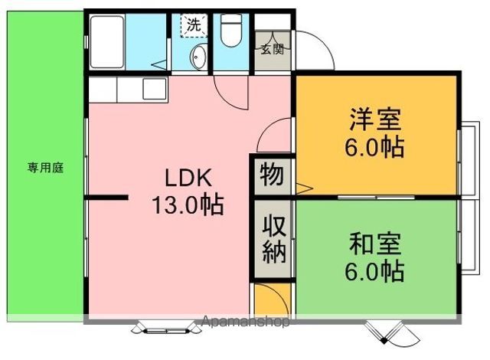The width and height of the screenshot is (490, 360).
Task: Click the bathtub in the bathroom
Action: coord(107,41)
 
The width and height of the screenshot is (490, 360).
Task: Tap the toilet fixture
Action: coord(231,31)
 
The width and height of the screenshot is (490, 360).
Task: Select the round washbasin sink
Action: coord(198,57)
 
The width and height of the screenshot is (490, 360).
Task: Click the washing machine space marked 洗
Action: coord(194,25)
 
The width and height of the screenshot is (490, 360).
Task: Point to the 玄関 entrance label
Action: coord(273,49)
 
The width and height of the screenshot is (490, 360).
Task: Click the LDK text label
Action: coord(188,178)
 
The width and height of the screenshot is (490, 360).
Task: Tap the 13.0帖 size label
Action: coord(188,205)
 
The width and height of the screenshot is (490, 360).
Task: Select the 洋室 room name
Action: coord(375,119)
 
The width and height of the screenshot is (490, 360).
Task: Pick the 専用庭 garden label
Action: coord(46,168)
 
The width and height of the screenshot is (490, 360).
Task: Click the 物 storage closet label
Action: coord(272,175)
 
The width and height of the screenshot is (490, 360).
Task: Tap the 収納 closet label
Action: coord(274,239)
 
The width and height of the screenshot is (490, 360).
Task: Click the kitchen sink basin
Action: coord(155,89)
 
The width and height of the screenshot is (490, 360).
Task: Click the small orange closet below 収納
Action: coord(272,299)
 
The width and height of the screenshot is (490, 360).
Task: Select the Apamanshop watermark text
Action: coord(245,321)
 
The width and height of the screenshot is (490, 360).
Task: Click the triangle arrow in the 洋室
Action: coord(304,188)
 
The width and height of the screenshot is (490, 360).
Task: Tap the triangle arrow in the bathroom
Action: coord(160,64)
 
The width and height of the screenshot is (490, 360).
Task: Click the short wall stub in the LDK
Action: coord(106,197)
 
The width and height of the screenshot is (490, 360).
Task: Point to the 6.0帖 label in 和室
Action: coord(375,271)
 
